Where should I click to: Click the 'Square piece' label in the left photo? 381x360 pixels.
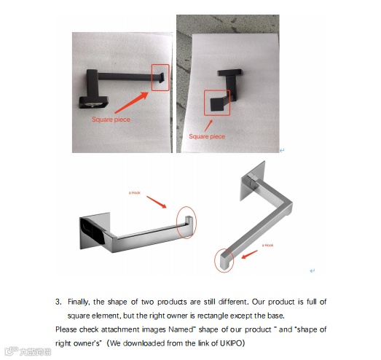coord(111,120)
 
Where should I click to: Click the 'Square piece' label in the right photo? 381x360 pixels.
coord(207,136)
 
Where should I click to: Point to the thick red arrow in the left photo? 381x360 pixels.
coord(131,103)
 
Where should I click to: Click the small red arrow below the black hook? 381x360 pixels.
coord(208,125)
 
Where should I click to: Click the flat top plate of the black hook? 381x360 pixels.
coord(229,72)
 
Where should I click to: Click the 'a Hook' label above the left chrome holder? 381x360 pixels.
coord(134,193)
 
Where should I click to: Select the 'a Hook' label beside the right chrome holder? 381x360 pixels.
coord(267,246)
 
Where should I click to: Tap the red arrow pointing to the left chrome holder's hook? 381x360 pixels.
coord(157,203)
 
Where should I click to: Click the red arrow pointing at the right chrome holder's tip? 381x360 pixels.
coord(250,254)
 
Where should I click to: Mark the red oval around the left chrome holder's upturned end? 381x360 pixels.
coord(177,222)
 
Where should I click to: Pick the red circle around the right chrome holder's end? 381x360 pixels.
coord(215,261)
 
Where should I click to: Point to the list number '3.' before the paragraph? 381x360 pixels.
coord(58,302)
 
